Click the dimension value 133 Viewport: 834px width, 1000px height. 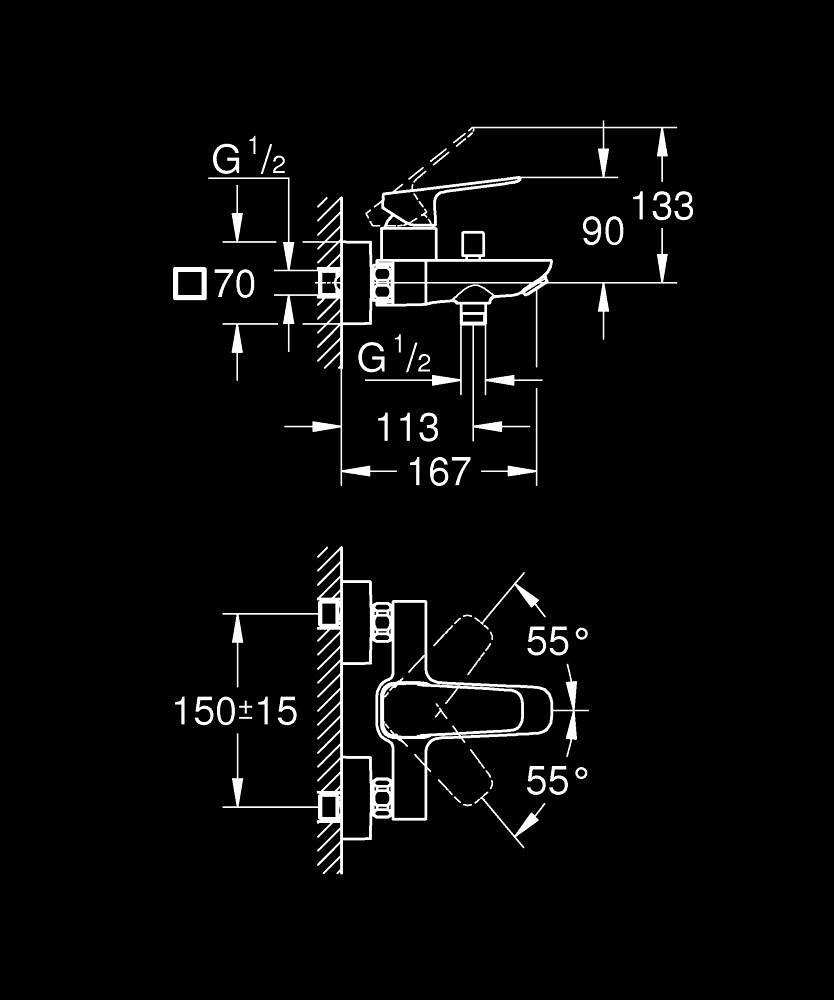tap(662, 207)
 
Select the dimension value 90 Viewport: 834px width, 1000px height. tap(603, 232)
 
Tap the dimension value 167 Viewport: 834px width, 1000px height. tap(440, 471)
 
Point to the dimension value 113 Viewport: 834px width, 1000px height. tap(408, 428)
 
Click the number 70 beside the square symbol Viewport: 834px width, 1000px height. tap(235, 285)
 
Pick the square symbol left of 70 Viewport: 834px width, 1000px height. tap(189, 285)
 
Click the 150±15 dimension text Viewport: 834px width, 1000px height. tap(236, 712)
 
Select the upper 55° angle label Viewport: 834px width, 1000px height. tap(558, 642)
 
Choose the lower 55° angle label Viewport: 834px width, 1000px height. tap(558, 781)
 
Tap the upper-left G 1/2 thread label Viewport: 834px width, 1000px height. tap(249, 159)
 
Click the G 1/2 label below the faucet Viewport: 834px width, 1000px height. tap(394, 357)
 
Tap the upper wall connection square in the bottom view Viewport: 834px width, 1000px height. tap(328, 612)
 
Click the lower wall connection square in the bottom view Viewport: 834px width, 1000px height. tap(328, 805)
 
